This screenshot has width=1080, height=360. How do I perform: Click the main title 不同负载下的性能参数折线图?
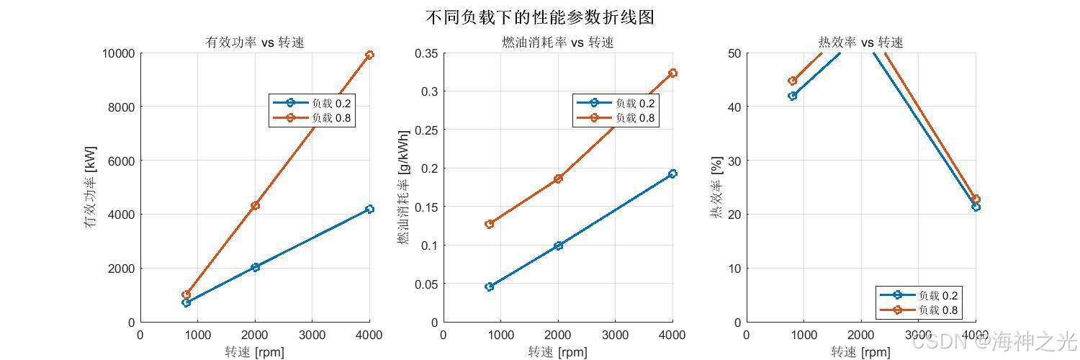(x=539, y=17)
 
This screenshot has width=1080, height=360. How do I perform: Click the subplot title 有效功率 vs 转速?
(x=255, y=42)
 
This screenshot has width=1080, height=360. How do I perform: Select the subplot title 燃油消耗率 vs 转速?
(x=558, y=42)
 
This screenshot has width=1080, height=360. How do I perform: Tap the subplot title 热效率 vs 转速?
(x=861, y=42)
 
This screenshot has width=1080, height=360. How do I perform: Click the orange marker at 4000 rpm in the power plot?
(x=369, y=55)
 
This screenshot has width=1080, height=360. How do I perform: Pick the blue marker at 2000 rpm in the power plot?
(x=255, y=267)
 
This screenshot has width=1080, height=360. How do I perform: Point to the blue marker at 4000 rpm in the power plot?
(x=369, y=210)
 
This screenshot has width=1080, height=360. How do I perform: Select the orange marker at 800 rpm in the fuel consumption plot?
(x=490, y=224)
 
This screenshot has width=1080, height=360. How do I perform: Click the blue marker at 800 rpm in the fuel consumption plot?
(x=490, y=287)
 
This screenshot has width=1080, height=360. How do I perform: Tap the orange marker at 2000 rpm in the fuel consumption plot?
(x=558, y=179)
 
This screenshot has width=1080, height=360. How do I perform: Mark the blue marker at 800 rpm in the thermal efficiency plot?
(x=793, y=96)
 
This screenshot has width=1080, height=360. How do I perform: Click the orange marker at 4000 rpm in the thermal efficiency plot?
(x=976, y=199)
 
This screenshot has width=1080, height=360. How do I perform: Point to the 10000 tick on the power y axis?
(x=117, y=53)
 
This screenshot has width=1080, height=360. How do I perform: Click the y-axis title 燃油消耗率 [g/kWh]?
(x=405, y=187)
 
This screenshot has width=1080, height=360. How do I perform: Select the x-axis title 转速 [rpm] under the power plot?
(x=254, y=352)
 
